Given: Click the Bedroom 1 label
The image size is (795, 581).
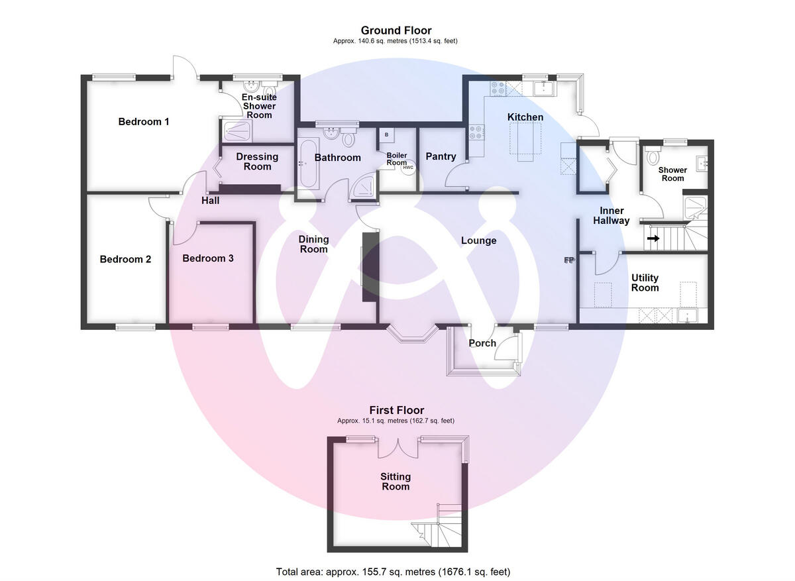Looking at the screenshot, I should (x=144, y=122).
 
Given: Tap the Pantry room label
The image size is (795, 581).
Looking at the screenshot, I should (x=441, y=157).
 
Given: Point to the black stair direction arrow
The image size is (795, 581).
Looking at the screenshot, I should (x=653, y=238).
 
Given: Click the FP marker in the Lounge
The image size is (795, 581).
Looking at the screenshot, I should (x=568, y=260).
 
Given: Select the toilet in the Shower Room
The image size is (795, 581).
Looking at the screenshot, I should (x=653, y=158).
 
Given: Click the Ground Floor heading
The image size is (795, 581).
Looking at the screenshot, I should (x=396, y=30).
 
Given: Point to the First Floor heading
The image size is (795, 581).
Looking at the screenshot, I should (x=396, y=411).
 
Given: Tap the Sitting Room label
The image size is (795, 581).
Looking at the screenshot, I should (x=395, y=482).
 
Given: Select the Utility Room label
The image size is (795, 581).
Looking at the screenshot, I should (x=645, y=283).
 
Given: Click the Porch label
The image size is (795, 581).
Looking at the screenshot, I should (x=482, y=343).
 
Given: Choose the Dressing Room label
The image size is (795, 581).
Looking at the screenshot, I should (x=257, y=162).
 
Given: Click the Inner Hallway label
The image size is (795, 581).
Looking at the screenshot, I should (x=611, y=216).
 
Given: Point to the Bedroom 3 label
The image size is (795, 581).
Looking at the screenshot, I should (x=208, y=258).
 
